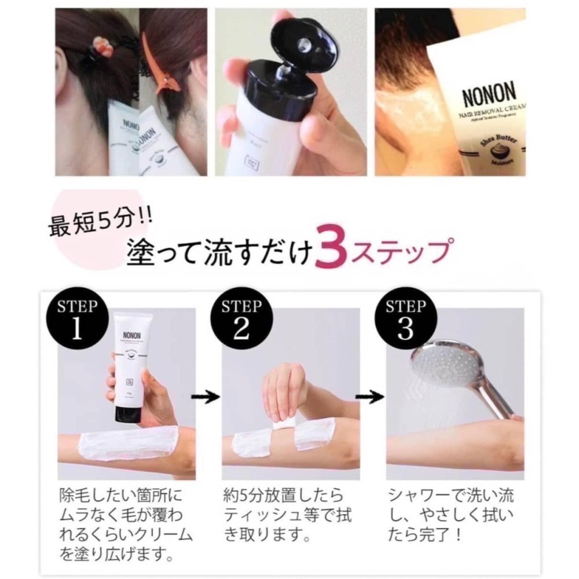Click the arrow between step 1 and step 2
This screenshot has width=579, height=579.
(207, 397)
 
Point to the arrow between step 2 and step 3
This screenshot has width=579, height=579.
(369, 397)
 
